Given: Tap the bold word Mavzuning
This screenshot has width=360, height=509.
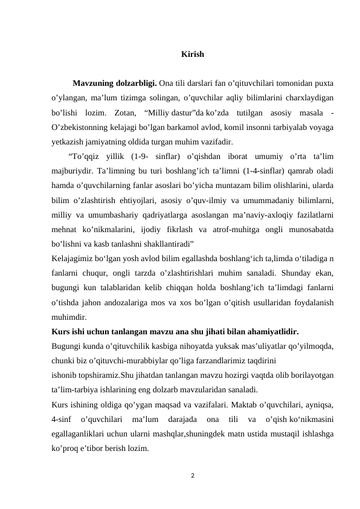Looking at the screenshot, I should pos(95,83).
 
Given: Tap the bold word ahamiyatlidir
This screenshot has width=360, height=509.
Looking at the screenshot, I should pos(270,332).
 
